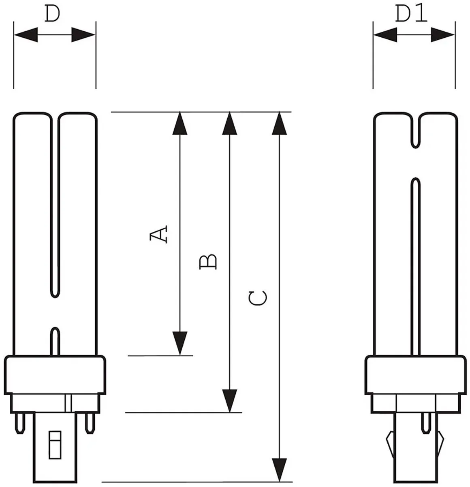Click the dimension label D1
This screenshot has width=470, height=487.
click(411, 13)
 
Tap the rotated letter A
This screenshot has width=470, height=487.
click(158, 234)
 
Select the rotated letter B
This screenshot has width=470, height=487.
click(208, 262)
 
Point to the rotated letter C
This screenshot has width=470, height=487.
click(258, 298)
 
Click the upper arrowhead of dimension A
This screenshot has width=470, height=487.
click(179, 123)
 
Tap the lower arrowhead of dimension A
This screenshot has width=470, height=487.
click(179, 343)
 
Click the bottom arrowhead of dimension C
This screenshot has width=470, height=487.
click(279, 470)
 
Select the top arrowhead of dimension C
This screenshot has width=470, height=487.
click(279, 123)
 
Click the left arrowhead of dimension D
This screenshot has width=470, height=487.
click(26, 35)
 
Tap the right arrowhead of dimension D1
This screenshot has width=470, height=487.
click(442, 35)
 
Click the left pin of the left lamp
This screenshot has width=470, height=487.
click(20, 423)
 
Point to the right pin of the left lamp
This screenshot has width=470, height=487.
click(90, 423)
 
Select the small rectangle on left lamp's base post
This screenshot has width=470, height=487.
click(55, 445)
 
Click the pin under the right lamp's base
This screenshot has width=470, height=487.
click(426, 423)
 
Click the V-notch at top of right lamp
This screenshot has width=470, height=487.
click(415, 131)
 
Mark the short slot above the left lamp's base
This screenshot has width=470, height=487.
click(55, 341)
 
